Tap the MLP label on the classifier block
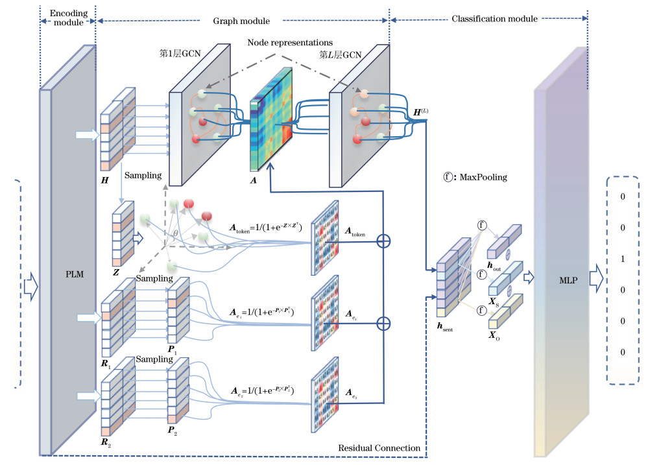point(562,280)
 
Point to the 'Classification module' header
point(494,19)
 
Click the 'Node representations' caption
point(290,43)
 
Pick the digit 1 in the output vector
point(623,259)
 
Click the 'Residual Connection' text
point(379,448)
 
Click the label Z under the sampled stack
point(115,272)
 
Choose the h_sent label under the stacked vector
point(445,328)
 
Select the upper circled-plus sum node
point(384,241)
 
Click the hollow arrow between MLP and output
point(595,280)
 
